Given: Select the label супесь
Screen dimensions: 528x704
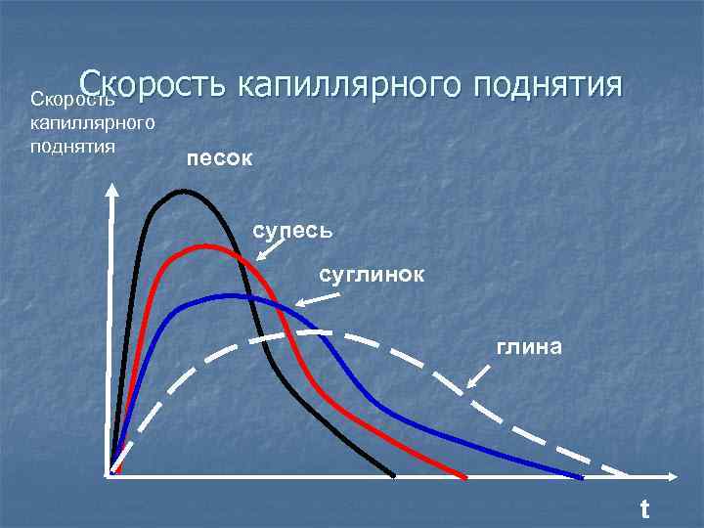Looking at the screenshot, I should coord(293,230).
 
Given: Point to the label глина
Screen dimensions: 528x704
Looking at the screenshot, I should coord(528,346).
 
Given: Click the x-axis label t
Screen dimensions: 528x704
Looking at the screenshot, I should coord(644,509).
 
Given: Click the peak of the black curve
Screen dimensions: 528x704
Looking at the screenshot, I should coord(183,191).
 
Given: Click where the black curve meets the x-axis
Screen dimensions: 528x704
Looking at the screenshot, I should coord(394,476).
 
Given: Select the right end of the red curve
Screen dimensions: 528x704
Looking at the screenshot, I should coord(466,477).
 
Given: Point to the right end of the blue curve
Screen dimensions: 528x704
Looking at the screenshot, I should coord(582,477).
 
